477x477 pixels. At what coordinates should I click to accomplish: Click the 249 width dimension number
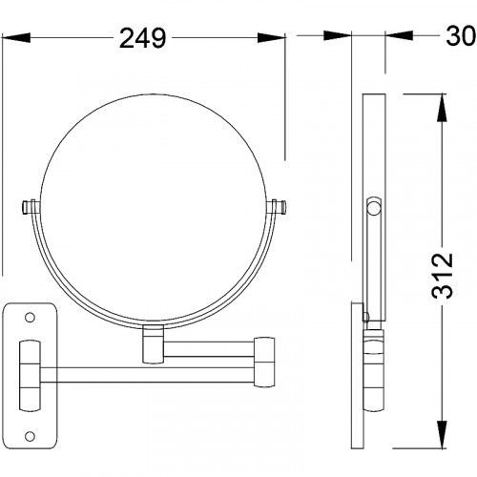pyautogui.click(x=142, y=38)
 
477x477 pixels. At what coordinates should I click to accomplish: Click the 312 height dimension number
pyautogui.click(x=443, y=276)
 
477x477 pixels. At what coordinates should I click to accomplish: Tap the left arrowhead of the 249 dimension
pyautogui.click(x=16, y=38)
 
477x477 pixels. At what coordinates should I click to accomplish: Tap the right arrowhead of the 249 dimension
pyautogui.click(x=271, y=38)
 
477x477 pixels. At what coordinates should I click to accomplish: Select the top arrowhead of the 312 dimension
pyautogui.click(x=442, y=108)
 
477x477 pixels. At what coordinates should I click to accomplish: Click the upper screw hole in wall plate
pyautogui.click(x=30, y=317)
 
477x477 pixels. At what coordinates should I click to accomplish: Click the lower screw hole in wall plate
pyautogui.click(x=30, y=436)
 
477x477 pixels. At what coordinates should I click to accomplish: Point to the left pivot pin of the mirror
pyautogui.click(x=31, y=207)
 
